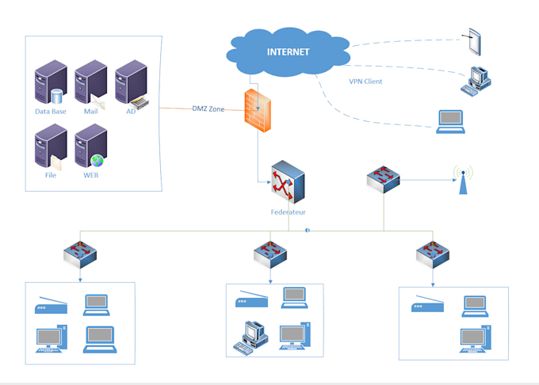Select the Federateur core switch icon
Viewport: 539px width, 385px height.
click(x=286, y=182)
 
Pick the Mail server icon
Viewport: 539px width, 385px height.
click(x=90, y=86)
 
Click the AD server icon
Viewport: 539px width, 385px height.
click(x=131, y=86)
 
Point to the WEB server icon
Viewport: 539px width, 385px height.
click(x=90, y=144)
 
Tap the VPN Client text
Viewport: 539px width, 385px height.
click(x=365, y=81)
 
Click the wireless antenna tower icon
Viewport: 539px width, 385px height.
click(x=462, y=180)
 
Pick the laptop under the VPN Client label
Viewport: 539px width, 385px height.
click(x=451, y=120)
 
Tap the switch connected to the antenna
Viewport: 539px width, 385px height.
click(x=384, y=180)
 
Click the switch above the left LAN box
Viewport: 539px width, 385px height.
click(x=80, y=253)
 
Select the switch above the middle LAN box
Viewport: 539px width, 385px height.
click(x=270, y=253)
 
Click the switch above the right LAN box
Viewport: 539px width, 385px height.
click(x=432, y=253)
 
